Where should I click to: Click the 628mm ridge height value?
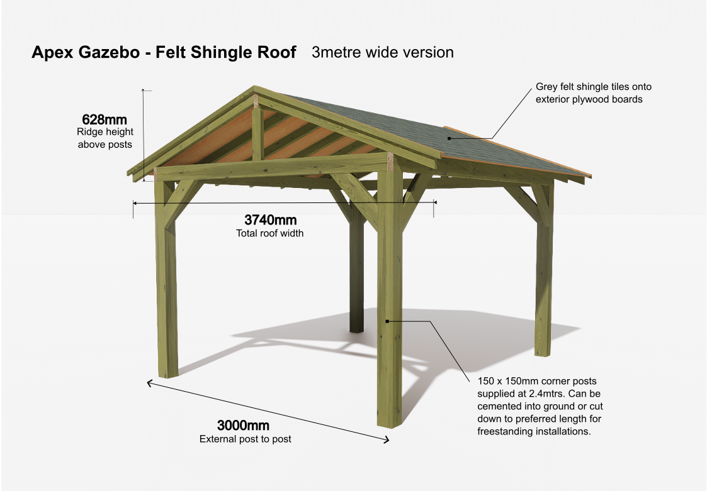tap(104, 119)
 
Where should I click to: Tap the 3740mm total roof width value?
tap(271, 220)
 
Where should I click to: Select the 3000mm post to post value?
tap(244, 425)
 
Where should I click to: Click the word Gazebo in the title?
tap(109, 52)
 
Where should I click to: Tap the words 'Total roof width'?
tap(269, 233)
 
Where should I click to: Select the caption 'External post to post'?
tap(246, 439)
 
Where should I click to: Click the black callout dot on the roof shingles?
tap(449, 138)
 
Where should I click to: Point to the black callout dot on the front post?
tap(387, 321)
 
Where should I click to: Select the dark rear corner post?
tap(357, 266)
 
